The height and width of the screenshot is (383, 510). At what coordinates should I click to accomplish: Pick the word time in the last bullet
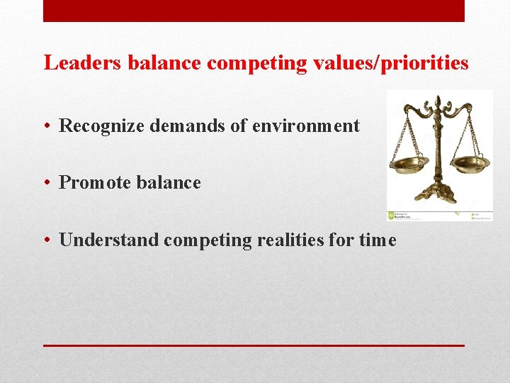(x=378, y=240)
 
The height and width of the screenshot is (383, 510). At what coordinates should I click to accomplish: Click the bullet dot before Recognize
(x=45, y=127)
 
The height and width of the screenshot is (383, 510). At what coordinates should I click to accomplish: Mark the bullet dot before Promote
(x=45, y=184)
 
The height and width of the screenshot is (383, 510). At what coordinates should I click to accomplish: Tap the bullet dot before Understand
(x=45, y=241)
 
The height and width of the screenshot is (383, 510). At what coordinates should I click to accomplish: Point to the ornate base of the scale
(x=437, y=194)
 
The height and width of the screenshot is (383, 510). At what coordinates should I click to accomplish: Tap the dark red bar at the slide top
(x=254, y=11)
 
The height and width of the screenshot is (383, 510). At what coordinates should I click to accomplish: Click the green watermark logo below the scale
(x=391, y=216)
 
